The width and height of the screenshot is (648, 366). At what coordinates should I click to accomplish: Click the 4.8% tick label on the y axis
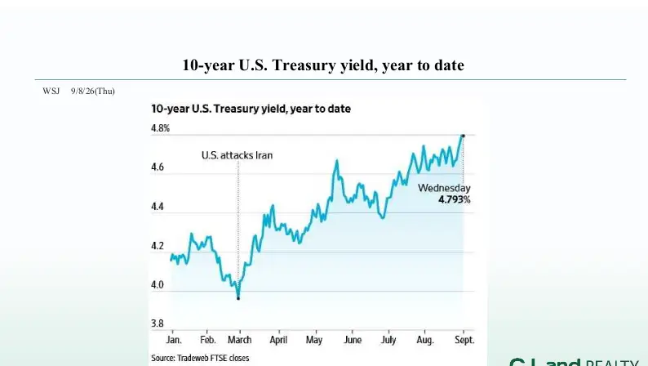click(x=160, y=128)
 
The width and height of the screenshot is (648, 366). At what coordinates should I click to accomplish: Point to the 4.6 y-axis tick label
click(x=158, y=167)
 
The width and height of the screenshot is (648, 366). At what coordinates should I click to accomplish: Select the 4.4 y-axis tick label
click(x=158, y=207)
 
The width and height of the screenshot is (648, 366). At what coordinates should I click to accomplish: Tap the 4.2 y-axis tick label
click(x=158, y=246)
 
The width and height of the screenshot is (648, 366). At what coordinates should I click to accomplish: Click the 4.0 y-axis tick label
click(x=158, y=285)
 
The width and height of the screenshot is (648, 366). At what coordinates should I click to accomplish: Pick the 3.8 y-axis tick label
click(x=158, y=324)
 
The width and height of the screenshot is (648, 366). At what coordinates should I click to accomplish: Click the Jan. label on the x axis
click(x=174, y=340)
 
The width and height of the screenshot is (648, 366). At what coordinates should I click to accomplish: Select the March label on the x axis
click(x=240, y=340)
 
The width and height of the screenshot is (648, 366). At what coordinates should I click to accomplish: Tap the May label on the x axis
click(x=314, y=341)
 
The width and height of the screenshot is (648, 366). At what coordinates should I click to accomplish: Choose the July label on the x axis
click(x=388, y=341)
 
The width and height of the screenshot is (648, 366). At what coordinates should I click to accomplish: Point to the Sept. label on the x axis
click(x=464, y=341)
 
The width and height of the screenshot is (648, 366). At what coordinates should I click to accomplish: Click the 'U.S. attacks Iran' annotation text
click(x=237, y=155)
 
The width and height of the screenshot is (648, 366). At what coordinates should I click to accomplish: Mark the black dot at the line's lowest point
click(x=238, y=298)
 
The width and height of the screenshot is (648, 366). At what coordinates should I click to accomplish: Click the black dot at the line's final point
click(x=463, y=136)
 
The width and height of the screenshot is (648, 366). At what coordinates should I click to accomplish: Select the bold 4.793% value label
click(x=455, y=200)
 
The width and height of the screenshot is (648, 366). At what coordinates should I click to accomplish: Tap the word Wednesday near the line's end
click(x=444, y=188)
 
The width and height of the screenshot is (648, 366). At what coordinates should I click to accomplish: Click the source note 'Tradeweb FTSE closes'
click(x=213, y=358)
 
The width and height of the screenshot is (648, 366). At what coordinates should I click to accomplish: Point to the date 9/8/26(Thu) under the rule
click(x=93, y=91)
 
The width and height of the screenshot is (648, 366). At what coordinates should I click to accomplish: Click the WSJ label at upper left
click(x=51, y=91)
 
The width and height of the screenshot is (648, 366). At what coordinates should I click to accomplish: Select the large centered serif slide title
click(x=323, y=65)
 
